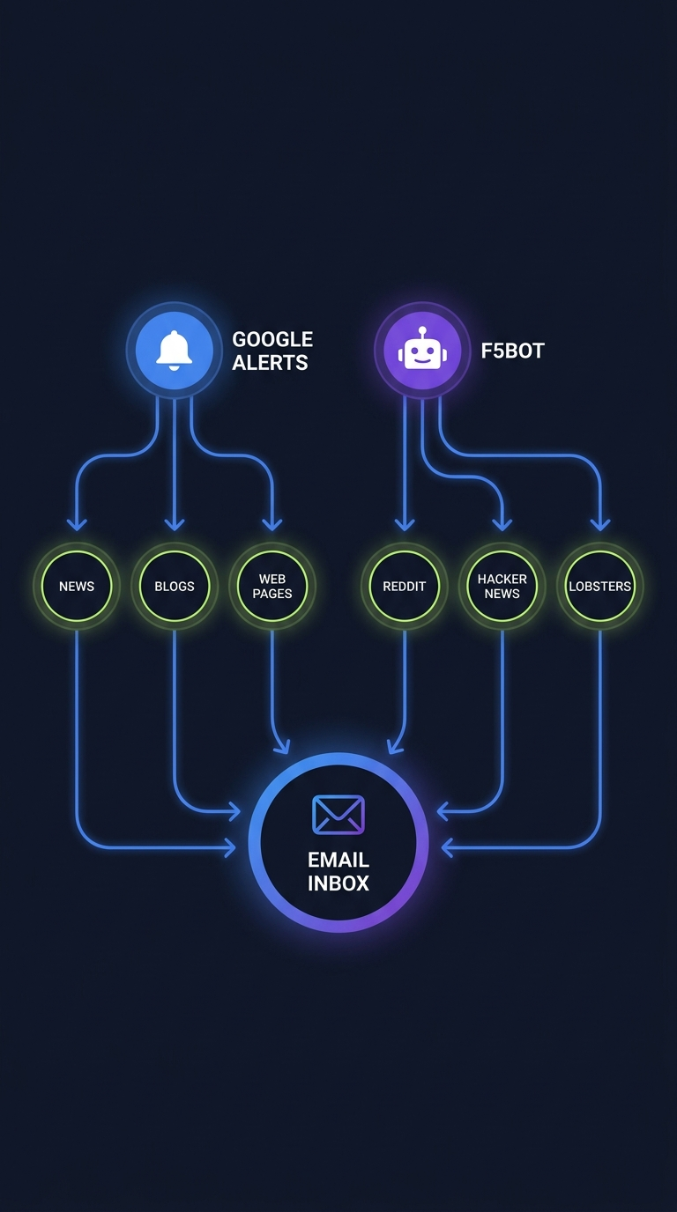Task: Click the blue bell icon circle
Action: pyautogui.click(x=174, y=350)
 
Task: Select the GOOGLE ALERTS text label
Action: pyautogui.click(x=272, y=351)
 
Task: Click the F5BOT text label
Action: pyautogui.click(x=512, y=351)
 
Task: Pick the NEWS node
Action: pyautogui.click(x=77, y=587)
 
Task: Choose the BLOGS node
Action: pyautogui.click(x=175, y=587)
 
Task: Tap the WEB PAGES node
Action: pyautogui.click(x=272, y=587)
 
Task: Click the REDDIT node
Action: pyautogui.click(x=405, y=587)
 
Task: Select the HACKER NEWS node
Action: pyautogui.click(x=502, y=587)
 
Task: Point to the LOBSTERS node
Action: pyautogui.click(x=600, y=587)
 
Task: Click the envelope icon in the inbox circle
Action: pyautogui.click(x=338, y=815)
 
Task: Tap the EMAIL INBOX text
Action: pyautogui.click(x=338, y=871)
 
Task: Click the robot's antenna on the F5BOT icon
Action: pyautogui.click(x=422, y=331)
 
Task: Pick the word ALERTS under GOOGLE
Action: pyautogui.click(x=270, y=362)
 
